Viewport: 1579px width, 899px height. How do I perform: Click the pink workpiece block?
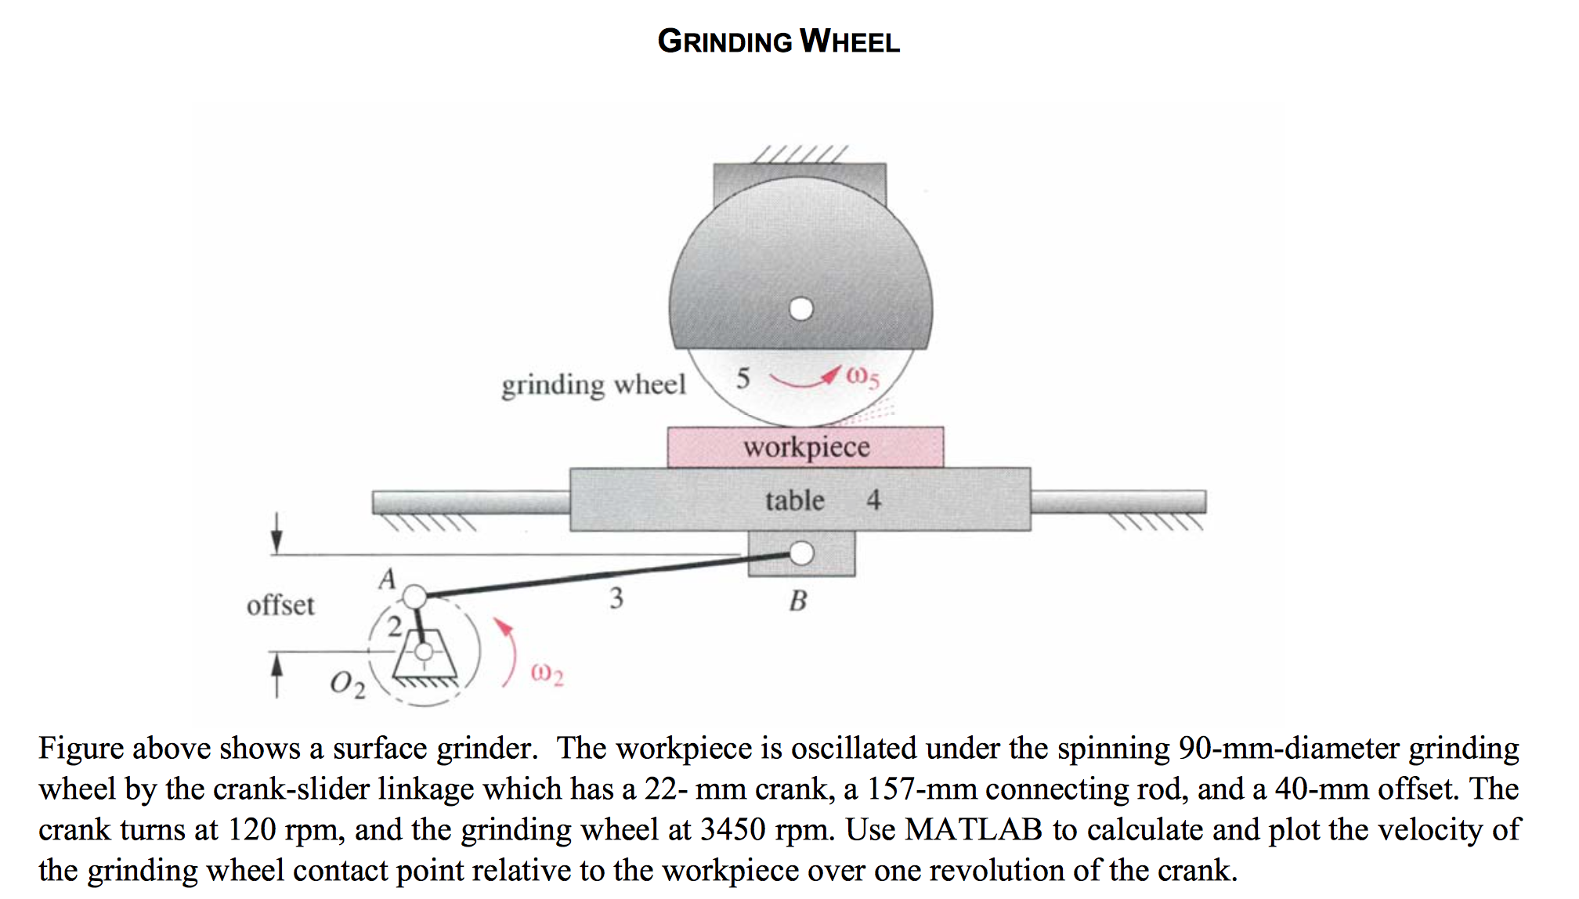click(805, 447)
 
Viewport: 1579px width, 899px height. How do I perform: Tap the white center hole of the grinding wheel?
click(800, 309)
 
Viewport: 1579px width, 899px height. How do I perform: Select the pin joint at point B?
click(801, 554)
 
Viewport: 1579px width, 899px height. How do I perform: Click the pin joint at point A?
click(414, 598)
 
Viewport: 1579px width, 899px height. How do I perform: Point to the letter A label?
click(387, 579)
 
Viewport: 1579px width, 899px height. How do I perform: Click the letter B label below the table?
click(798, 601)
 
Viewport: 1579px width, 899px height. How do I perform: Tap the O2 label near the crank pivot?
click(347, 684)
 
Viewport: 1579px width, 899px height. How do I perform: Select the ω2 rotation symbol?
click(547, 673)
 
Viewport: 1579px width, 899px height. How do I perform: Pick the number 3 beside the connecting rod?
click(616, 598)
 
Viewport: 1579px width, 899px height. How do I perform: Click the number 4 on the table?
click(873, 500)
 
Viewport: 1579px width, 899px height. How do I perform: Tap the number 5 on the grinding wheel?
click(743, 378)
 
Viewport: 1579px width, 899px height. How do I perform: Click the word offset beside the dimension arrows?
click(280, 605)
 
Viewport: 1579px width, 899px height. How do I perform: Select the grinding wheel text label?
click(593, 385)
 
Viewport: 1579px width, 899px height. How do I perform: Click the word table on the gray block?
click(794, 500)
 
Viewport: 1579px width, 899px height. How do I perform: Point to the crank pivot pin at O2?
click(424, 652)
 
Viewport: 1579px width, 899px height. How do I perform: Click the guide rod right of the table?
click(1118, 501)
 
